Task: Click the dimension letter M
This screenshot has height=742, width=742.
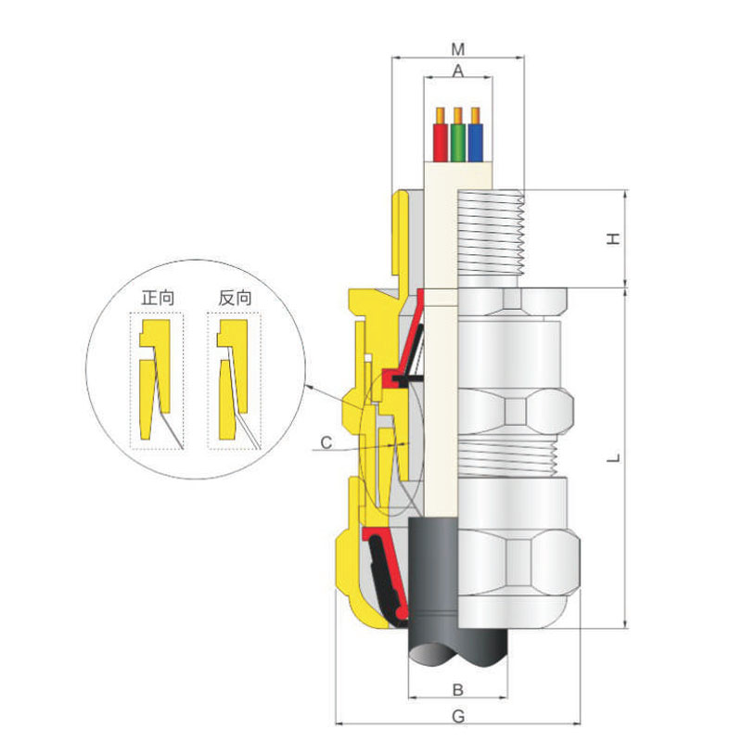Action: click(457, 49)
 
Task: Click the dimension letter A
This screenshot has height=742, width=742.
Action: click(457, 71)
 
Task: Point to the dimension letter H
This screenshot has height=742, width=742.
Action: click(613, 238)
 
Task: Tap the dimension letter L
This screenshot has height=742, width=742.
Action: click(613, 457)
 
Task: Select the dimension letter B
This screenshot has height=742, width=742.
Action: click(457, 689)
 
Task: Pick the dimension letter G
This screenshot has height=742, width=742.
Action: click(458, 716)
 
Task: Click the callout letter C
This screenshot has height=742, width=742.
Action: click(326, 443)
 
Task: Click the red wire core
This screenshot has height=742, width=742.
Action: click(440, 143)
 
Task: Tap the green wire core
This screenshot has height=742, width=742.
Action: click(457, 143)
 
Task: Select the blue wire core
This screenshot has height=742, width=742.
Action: click(475, 143)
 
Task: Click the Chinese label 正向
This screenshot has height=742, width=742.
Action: click(158, 298)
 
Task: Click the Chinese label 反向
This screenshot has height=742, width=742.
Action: click(236, 298)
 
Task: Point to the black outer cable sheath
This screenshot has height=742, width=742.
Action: click(433, 587)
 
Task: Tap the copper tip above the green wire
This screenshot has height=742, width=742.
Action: click(457, 115)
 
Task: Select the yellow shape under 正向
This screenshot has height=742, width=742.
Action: click(154, 378)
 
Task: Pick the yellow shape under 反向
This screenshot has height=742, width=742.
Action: click(233, 378)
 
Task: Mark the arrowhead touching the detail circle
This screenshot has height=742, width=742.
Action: click(310, 387)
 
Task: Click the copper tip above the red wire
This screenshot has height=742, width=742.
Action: click(440, 115)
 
